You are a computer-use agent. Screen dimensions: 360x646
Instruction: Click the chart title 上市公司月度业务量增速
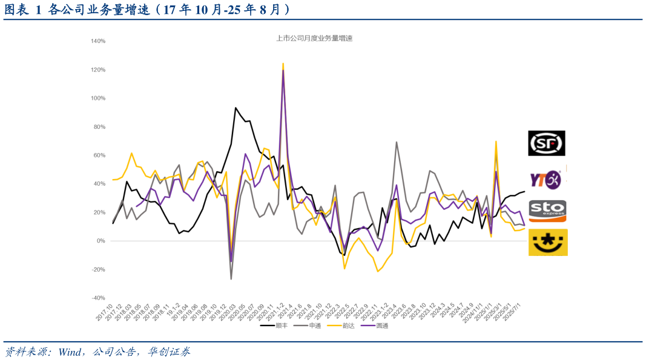pos(314,38)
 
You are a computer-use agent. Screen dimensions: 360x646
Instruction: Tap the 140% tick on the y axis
pos(98,41)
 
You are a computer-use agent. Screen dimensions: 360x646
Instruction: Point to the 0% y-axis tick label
pos(101,241)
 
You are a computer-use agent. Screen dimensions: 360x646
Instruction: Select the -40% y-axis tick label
pos(98,298)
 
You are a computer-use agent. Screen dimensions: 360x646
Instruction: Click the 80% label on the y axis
pos(99,127)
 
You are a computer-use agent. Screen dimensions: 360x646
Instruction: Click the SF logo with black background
pos(547,143)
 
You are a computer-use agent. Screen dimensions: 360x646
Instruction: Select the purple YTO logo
pos(546,179)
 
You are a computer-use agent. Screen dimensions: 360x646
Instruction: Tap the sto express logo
pos(547,211)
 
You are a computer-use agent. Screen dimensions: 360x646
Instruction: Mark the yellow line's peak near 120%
pos(283,63)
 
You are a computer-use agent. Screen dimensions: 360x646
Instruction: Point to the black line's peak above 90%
pos(236,108)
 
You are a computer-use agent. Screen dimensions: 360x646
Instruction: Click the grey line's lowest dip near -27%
pos(231,279)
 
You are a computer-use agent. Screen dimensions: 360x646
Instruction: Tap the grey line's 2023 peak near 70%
pos(397,142)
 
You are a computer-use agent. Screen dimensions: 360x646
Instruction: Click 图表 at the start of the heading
pos(17,9)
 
